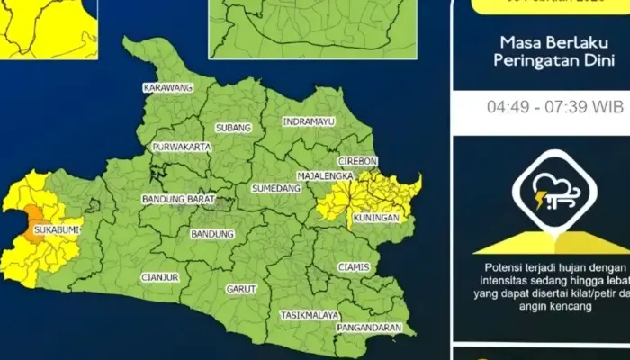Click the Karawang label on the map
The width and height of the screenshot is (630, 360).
click(x=167, y=88)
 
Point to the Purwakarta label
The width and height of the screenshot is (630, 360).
click(x=181, y=147)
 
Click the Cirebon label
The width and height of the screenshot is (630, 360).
click(x=357, y=161)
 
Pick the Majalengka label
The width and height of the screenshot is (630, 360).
click(x=323, y=176)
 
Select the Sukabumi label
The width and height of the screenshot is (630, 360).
click(x=56, y=230)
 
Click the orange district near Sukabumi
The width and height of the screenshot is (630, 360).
click(x=36, y=219)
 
